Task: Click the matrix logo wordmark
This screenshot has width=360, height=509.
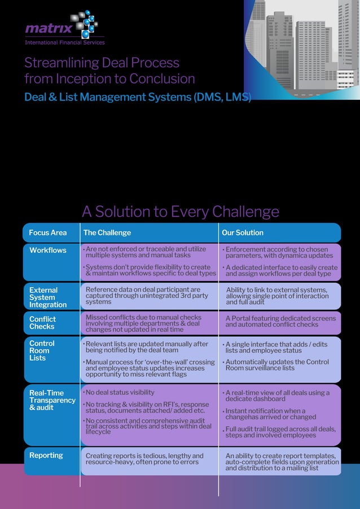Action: coord(48,28)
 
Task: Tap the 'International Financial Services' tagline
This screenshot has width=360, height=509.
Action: coord(65,42)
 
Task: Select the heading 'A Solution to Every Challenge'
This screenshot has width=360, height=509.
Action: coord(180,212)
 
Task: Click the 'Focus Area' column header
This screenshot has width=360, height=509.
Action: coord(47,232)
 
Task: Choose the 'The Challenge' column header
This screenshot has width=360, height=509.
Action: coord(107,232)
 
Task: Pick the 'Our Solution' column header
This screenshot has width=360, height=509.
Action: coord(243,232)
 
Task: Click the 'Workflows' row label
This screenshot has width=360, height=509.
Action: coord(47,250)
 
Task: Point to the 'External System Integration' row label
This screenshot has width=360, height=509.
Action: coord(47,297)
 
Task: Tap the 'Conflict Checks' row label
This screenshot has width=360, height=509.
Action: coord(42,323)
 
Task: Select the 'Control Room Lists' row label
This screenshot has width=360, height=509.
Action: coord(42,350)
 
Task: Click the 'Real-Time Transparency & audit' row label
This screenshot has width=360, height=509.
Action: coord(52,400)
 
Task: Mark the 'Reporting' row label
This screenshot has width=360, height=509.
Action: coord(46,455)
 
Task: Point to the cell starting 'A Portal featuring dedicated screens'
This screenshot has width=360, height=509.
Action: coord(280,321)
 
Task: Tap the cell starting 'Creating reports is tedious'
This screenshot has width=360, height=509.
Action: coord(144,459)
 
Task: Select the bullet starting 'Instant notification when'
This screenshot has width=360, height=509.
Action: coord(271,414)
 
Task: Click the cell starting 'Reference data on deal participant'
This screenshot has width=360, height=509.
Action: coord(147,296)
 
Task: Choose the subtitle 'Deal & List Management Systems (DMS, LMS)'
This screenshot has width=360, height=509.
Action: coord(137,97)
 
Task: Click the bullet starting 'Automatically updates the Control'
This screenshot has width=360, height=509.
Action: coord(277,365)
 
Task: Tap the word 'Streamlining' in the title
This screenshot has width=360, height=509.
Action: coord(62,63)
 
